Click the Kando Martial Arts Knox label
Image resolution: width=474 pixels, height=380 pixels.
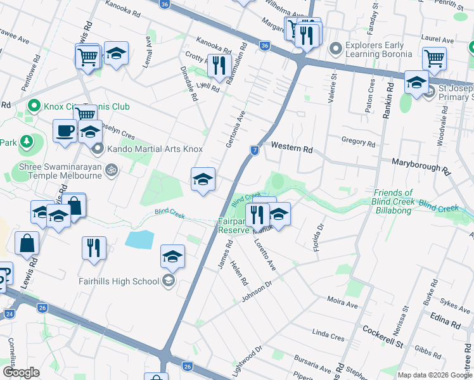155,149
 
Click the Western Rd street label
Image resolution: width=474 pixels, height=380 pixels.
292,149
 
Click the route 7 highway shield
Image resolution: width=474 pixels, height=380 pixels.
254,150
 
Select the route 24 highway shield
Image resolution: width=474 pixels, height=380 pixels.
10,313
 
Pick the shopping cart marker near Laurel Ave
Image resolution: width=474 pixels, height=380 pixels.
434,59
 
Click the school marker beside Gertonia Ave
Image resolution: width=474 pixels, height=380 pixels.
203,180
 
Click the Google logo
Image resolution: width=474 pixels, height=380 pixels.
22,372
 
